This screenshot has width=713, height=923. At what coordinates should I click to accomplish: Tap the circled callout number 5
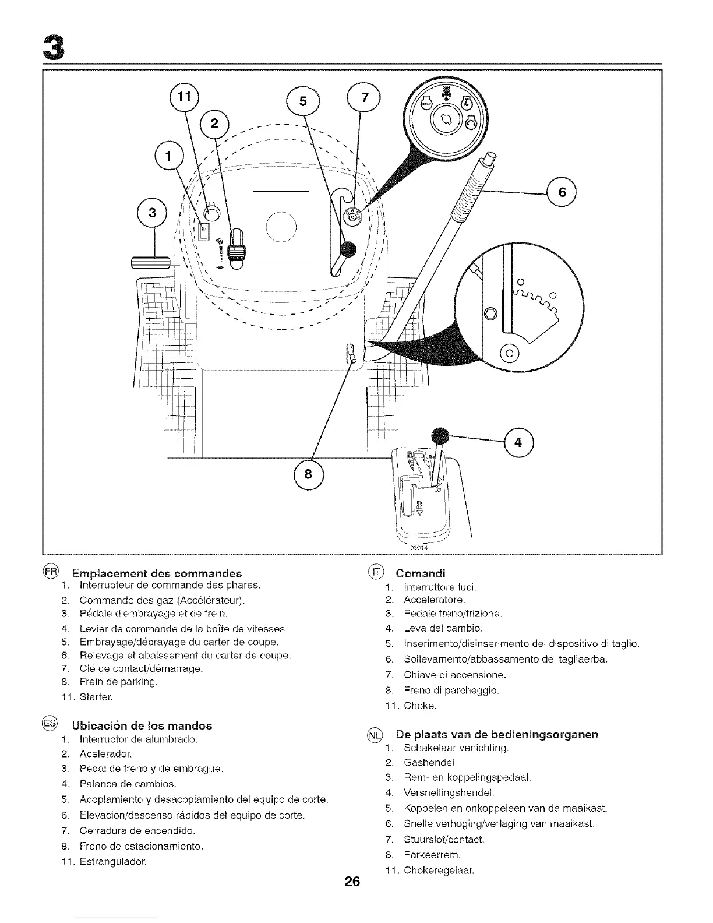302,101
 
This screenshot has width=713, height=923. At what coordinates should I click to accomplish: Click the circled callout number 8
309,474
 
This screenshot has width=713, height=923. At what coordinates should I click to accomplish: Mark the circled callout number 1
168,157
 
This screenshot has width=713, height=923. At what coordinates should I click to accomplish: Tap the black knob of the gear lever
440,436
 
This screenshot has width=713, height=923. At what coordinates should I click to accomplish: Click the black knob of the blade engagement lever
348,250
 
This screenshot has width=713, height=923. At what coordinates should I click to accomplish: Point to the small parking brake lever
351,353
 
